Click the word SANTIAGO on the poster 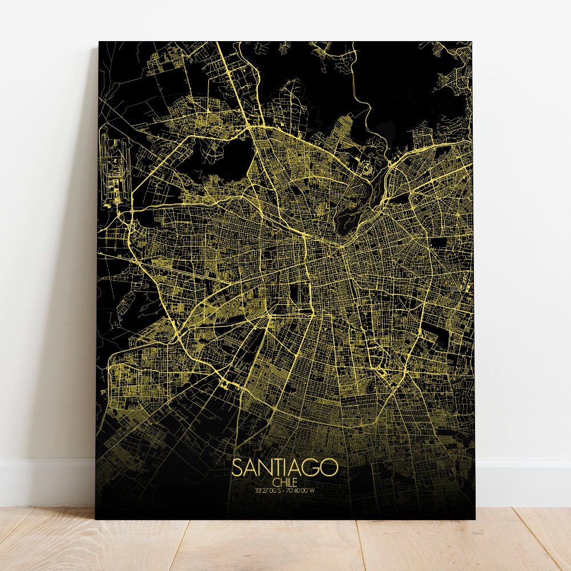[x=285, y=468]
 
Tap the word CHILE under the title [x=285, y=483]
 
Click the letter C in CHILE [x=275, y=483]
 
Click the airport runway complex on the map [x=114, y=166]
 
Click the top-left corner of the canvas [x=99, y=42]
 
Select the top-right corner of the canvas [x=472, y=42]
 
